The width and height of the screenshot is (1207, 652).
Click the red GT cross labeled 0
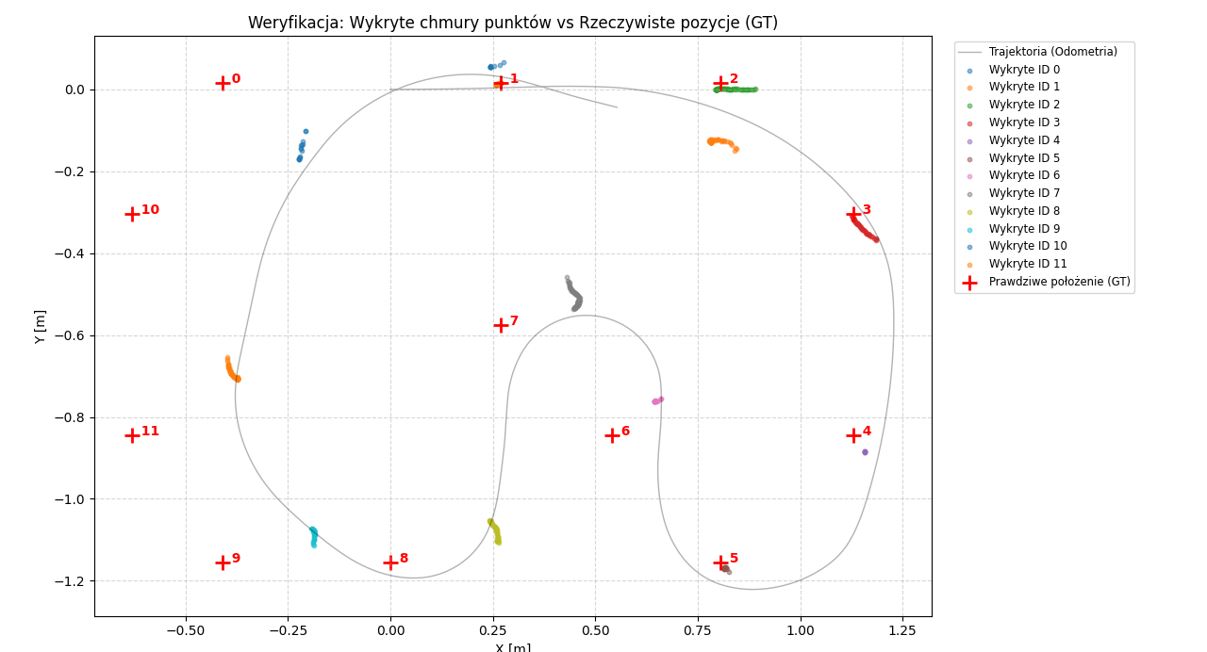tap(223, 83)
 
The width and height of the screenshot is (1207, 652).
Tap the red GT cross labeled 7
tap(501, 325)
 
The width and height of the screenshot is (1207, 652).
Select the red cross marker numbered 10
tap(132, 214)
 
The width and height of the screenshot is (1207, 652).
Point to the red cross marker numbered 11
tap(132, 435)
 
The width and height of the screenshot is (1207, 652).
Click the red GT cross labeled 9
tap(223, 562)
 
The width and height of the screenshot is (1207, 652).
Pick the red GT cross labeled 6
tap(612, 435)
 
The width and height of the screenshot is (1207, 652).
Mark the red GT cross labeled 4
tap(853, 435)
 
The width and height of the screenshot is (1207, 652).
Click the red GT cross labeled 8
tap(390, 562)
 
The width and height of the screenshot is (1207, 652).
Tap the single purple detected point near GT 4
tap(865, 452)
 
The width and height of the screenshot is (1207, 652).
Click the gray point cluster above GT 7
tap(573, 294)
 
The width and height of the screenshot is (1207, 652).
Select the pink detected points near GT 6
tap(657, 400)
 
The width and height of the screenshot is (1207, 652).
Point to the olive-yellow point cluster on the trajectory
tap(495, 532)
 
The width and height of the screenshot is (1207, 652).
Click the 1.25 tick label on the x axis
tap(902, 628)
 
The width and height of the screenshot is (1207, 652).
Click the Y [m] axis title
tap(40, 326)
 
